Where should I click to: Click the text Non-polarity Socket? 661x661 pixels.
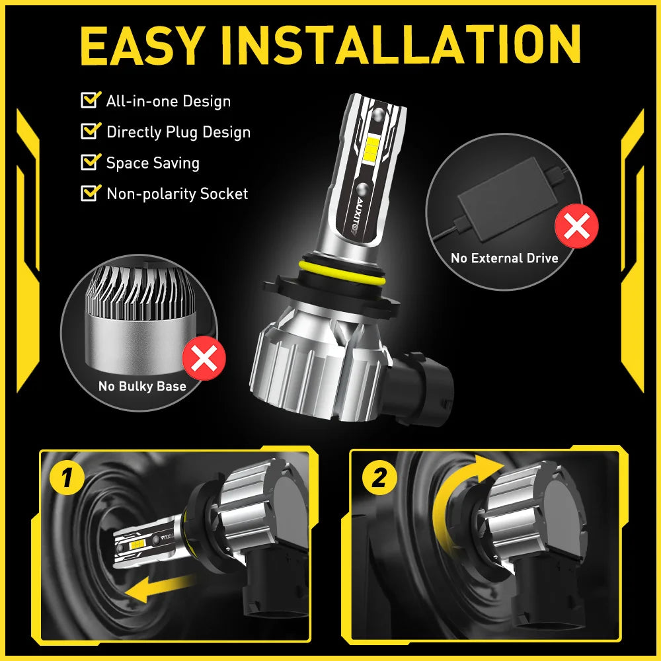(176, 194)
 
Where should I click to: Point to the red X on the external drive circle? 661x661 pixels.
(576, 227)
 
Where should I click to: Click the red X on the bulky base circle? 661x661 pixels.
(204, 358)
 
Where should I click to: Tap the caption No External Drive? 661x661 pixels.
(504, 258)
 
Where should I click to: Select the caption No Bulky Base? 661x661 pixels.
(142, 386)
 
